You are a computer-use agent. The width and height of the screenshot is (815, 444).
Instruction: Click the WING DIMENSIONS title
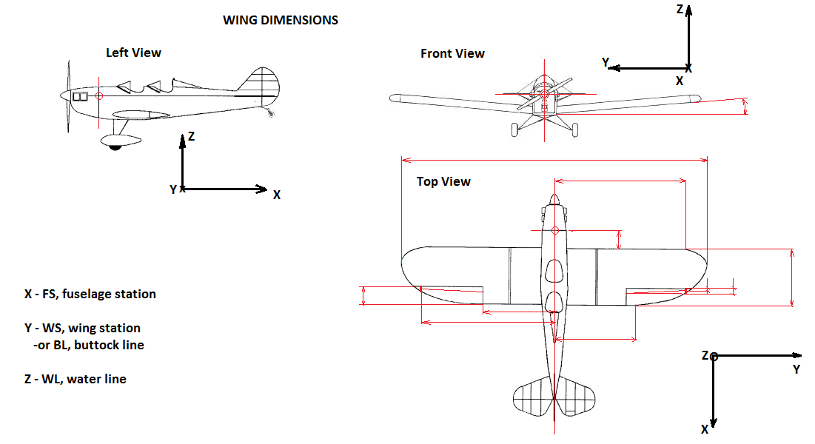coord(281,21)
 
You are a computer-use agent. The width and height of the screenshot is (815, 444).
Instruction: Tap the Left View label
coord(133,53)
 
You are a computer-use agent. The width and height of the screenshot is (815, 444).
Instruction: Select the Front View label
coord(452,53)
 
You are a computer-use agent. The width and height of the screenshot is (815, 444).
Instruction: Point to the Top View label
coord(443,181)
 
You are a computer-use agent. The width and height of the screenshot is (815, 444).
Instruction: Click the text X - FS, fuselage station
coord(90,294)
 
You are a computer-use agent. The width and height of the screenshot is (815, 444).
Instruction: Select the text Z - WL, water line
coord(76,379)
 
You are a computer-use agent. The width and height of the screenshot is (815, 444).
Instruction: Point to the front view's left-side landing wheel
coord(515,130)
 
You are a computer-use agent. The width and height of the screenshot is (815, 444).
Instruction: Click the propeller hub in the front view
coord(544,95)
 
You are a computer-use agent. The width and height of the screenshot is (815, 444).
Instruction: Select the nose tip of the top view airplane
coord(554,198)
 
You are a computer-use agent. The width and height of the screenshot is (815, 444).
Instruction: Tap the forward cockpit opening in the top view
coord(554,271)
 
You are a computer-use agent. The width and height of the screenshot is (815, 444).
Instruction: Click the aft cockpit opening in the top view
coord(554,302)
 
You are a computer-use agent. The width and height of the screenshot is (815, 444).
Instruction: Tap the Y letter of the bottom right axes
coord(796,369)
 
